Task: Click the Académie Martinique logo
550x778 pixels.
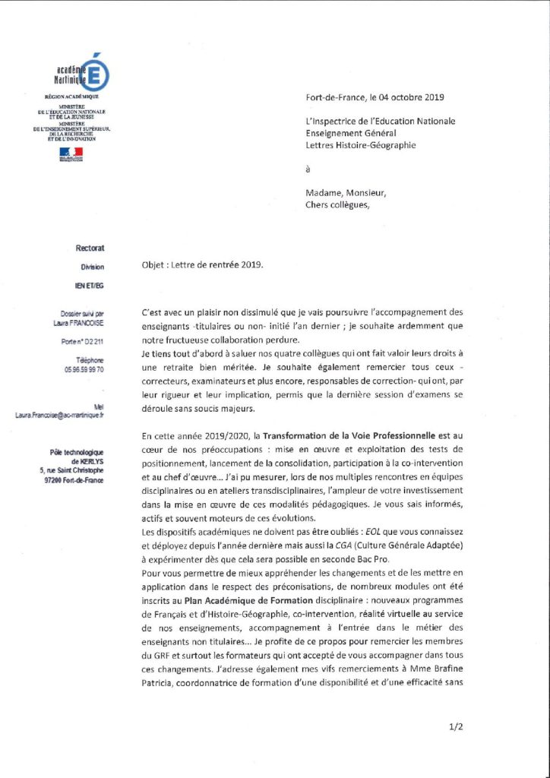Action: pyautogui.click(x=84, y=73)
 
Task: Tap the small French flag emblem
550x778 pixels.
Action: pyautogui.click(x=71, y=153)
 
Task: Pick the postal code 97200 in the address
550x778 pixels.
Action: pyautogui.click(x=61, y=480)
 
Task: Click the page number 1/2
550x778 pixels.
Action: pyautogui.click(x=456, y=727)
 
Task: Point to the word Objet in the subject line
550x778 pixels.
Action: pyautogui.click(x=154, y=265)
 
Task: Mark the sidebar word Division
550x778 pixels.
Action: pyautogui.click(x=93, y=267)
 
